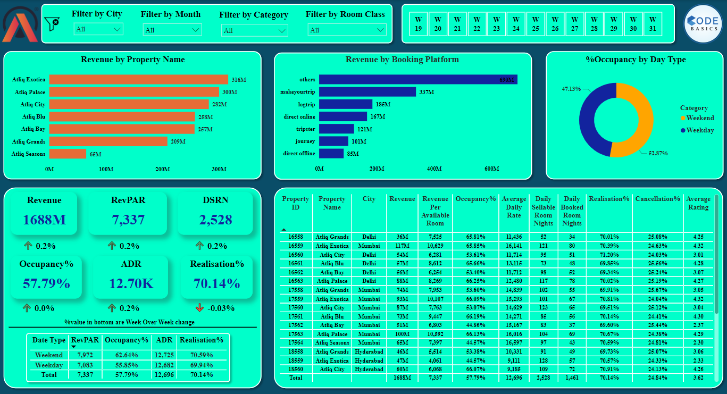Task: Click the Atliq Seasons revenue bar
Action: [x=68, y=154]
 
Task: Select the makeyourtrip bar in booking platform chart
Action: [x=367, y=92]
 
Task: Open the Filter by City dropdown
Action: [x=98, y=29]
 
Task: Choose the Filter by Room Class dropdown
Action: [x=347, y=30]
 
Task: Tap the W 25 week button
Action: [x=536, y=24]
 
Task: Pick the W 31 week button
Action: [x=653, y=24]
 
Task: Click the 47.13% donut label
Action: [x=572, y=89]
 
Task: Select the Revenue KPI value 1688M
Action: [x=44, y=220]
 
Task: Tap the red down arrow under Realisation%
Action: [x=199, y=308]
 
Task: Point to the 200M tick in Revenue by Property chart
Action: [x=162, y=169]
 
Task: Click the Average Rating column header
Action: [x=698, y=203]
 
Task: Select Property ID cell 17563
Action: [x=296, y=334]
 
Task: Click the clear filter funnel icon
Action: [x=52, y=24]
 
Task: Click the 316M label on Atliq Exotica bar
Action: [x=238, y=80]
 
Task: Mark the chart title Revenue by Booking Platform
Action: [x=402, y=60]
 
